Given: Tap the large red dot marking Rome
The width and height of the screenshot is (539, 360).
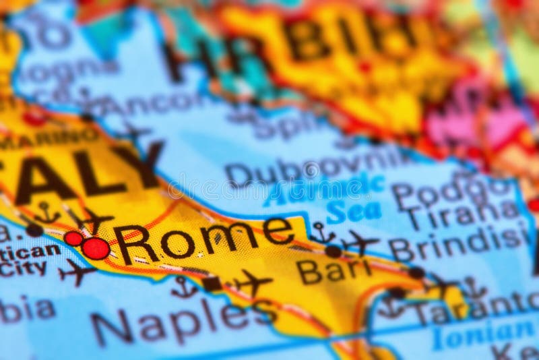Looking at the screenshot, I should (96, 248).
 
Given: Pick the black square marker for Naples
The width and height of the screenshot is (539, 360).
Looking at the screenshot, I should (212, 283).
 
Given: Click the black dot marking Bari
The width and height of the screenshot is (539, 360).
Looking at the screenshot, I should (333, 251).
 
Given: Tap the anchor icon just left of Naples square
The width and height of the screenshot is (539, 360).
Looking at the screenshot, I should (184, 287).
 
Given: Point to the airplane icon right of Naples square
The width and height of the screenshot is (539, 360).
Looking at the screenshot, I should (253, 282).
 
